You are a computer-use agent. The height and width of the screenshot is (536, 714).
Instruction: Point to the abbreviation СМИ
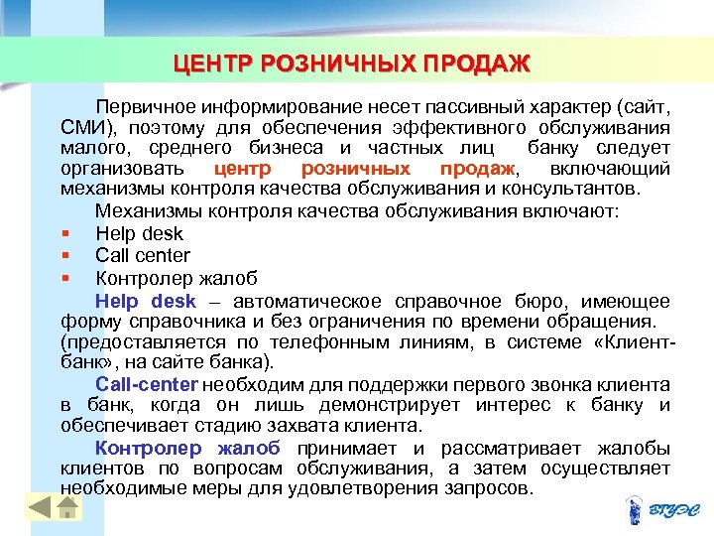tap(82, 128)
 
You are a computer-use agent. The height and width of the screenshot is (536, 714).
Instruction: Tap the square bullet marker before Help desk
tap(63, 234)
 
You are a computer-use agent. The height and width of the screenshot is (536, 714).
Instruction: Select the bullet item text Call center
tap(143, 255)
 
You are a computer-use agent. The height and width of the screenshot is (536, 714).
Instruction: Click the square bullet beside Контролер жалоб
tap(63, 277)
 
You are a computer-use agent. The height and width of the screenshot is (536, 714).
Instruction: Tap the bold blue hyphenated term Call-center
tap(147, 384)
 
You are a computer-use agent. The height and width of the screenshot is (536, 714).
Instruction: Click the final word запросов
tap(495, 488)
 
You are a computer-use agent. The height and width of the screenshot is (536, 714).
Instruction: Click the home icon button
tap(66, 507)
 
